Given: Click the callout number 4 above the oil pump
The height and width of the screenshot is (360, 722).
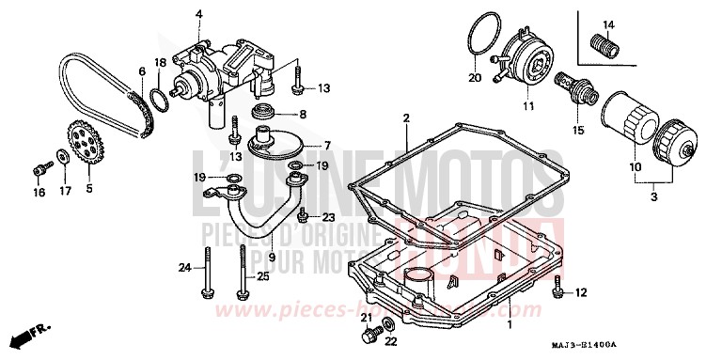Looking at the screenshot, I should click(199, 13).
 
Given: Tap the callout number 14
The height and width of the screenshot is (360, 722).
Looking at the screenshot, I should click(607, 23).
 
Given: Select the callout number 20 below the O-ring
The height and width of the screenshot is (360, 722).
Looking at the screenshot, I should click(475, 77).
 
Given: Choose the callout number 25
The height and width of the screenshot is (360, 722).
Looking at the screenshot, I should click(262, 275).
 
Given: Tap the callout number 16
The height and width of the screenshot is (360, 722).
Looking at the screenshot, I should click(39, 193).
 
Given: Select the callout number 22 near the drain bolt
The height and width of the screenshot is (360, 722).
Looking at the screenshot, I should click(391, 340).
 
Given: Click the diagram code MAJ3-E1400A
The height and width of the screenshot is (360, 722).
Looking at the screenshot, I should click(669, 348).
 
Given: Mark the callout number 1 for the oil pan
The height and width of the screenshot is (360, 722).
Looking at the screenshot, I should click(510, 323).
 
